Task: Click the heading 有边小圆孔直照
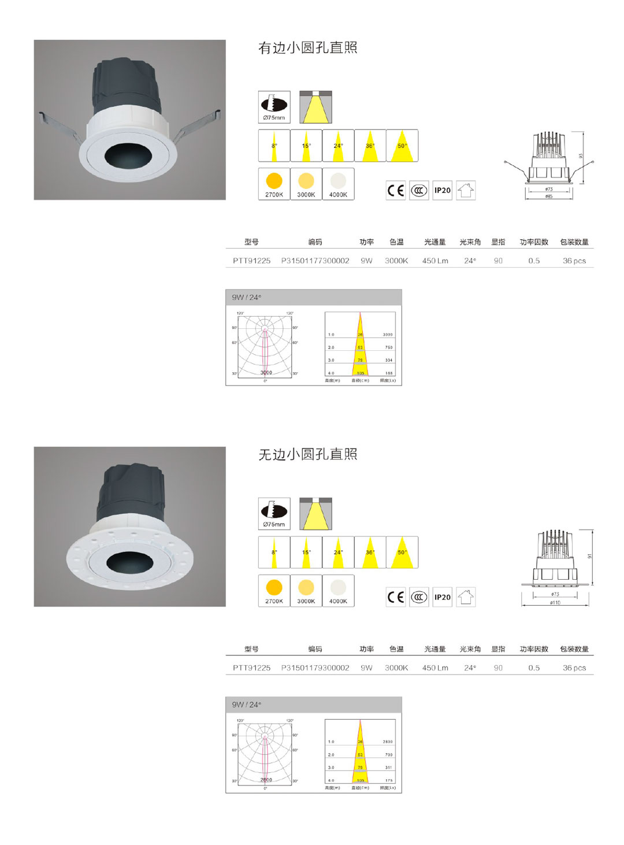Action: pyautogui.click(x=307, y=48)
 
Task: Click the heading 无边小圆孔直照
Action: pyautogui.click(x=307, y=455)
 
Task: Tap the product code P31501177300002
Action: pyautogui.click(x=315, y=261)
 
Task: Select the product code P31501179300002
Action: pyautogui.click(x=315, y=668)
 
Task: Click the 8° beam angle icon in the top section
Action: pyautogui.click(x=274, y=146)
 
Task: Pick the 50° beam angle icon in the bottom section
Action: pyautogui.click(x=402, y=553)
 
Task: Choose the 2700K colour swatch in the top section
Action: pyautogui.click(x=274, y=184)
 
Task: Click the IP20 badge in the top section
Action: pyautogui.click(x=442, y=190)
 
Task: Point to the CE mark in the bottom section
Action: pyautogui.click(x=396, y=597)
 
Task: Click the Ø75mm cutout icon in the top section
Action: pyautogui.click(x=274, y=107)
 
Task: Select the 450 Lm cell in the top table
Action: pyautogui.click(x=434, y=261)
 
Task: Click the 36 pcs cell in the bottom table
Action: pyautogui.click(x=574, y=668)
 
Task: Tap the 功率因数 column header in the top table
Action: pyautogui.click(x=533, y=242)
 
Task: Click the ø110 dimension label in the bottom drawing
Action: pyautogui.click(x=555, y=602)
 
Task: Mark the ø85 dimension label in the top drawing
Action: pyautogui.click(x=548, y=196)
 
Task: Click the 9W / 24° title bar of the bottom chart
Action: pyautogui.click(x=313, y=705)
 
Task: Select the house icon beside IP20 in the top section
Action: pyautogui.click(x=466, y=190)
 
